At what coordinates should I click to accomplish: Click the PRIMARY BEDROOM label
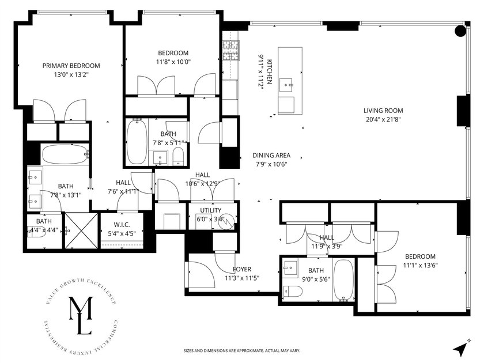[x=71, y=66]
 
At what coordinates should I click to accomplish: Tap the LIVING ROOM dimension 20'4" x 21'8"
[x=383, y=120]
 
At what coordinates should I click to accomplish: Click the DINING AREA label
[x=271, y=156]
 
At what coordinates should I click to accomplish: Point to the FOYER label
[x=242, y=270]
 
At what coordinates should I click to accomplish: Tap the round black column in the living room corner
[x=460, y=31]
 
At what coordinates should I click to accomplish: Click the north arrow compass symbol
[x=459, y=349]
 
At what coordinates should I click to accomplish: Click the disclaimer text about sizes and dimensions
[x=241, y=350]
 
